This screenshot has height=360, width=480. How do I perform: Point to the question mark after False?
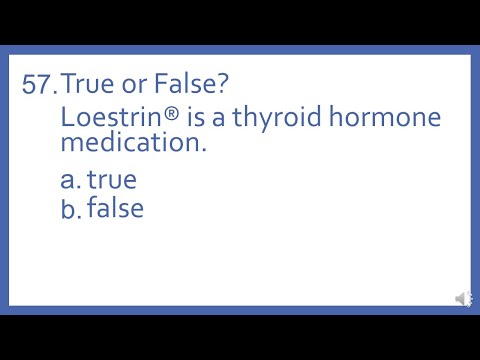point(225,85)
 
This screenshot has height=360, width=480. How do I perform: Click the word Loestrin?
point(110,117)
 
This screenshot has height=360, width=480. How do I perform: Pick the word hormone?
point(385,117)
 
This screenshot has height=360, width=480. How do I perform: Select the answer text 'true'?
point(111,180)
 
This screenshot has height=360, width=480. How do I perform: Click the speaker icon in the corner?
point(463,299)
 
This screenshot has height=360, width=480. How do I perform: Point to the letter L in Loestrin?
point(67,117)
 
